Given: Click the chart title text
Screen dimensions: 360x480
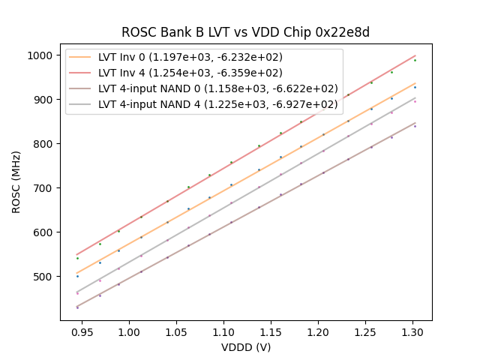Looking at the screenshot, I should (245, 33).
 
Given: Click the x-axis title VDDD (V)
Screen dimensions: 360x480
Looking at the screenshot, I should (245, 346).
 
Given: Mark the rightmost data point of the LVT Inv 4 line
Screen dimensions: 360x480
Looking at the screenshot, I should (415, 60).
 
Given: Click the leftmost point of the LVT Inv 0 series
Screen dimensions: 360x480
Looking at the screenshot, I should (77, 276).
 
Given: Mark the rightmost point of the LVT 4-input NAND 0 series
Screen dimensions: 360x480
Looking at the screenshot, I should (415, 126).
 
